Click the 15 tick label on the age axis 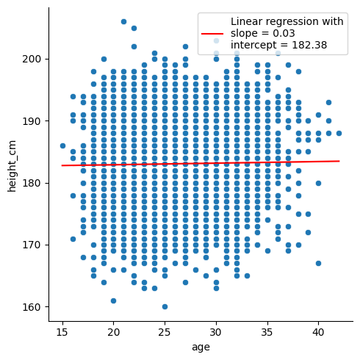(62, 332)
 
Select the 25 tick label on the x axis (165, 332)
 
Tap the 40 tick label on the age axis (318, 332)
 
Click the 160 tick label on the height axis (31, 307)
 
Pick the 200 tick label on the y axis (31, 60)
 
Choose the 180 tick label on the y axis (31, 183)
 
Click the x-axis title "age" (201, 348)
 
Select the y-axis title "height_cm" (12, 166)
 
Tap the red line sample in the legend (212, 34)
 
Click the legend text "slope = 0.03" (263, 33)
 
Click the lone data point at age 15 (62, 146)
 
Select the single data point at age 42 (339, 134)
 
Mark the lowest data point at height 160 (165, 307)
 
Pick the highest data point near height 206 (123, 22)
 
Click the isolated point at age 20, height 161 (113, 300)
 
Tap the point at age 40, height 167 (318, 264)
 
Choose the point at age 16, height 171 (73, 239)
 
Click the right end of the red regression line (339, 161)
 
